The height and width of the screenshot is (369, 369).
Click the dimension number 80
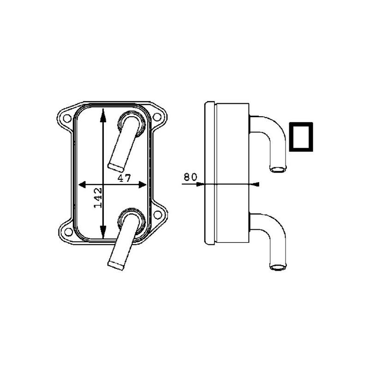click(190, 176)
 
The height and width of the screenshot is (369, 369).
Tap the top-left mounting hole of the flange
click(67, 118)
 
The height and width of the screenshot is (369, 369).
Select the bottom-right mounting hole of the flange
click(157, 214)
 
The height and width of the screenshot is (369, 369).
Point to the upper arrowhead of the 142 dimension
click(104, 113)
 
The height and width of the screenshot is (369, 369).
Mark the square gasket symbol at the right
click(301, 137)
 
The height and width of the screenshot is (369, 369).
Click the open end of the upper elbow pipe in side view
click(278, 170)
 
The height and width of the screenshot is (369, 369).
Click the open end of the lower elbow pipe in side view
click(278, 267)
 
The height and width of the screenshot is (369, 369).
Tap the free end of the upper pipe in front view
click(115, 165)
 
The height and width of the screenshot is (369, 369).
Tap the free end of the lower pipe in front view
click(115, 265)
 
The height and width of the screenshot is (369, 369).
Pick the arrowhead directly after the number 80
click(200, 184)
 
